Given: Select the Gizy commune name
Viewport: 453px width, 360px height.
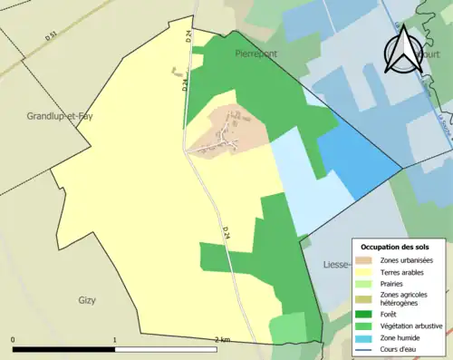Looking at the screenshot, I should click(88, 300).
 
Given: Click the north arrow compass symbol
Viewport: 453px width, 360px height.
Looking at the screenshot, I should click(400, 49).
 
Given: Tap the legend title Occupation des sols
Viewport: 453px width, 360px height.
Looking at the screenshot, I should click(401, 247).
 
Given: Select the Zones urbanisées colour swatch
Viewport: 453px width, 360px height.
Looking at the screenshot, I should click(370, 260).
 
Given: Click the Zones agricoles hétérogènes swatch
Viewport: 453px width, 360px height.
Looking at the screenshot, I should click(370, 298).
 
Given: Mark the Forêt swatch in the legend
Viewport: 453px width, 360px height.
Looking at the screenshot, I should click(370, 314).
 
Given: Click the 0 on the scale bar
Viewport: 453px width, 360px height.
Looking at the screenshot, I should click(14, 339).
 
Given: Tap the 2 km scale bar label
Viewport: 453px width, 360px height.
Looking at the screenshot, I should click(221, 339).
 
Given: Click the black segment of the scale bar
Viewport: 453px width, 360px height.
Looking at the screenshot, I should click(63, 349).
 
